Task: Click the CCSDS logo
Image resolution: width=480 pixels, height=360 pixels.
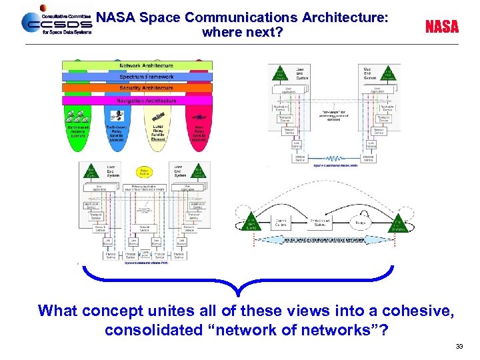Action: click(56, 23)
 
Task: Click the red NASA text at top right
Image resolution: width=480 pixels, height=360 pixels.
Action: click(442, 27)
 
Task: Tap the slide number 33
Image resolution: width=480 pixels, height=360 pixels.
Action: click(459, 346)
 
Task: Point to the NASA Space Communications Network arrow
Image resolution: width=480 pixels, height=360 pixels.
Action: click(326, 240)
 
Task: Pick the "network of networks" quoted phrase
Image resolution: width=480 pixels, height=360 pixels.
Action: click(317, 329)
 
